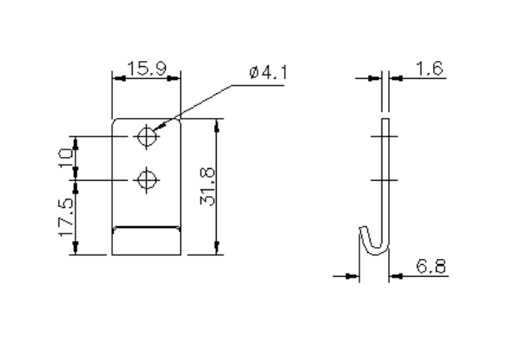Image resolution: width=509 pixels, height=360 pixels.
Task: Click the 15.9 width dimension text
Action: pyautogui.click(x=146, y=67)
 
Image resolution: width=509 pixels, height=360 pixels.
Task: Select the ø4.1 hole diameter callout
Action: pyautogui.click(x=269, y=73)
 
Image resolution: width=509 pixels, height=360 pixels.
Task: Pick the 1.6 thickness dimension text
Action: pyautogui.click(x=429, y=67)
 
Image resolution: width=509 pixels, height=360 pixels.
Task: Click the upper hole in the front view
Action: pyautogui.click(x=148, y=136)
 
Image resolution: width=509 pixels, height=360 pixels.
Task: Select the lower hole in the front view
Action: pyautogui.click(x=148, y=179)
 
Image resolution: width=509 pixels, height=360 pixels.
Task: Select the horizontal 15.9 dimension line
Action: pyautogui.click(x=146, y=77)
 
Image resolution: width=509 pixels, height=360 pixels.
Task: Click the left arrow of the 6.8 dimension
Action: pyautogui.click(x=349, y=275)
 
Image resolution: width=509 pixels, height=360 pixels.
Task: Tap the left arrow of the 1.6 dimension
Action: pyautogui.click(x=374, y=77)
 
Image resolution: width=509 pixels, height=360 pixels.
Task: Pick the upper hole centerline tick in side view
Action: pyautogui.click(x=383, y=136)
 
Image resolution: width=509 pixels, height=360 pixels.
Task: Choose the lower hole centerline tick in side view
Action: pyautogui.click(x=383, y=179)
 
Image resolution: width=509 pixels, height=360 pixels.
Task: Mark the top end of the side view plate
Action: pyautogui.click(x=383, y=121)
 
